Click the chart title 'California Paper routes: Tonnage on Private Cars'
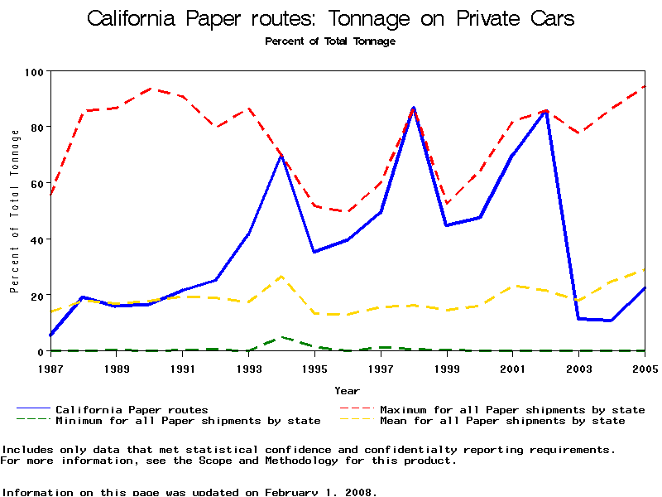tap(330, 19)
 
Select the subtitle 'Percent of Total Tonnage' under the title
tap(330, 41)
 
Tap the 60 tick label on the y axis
tap(34, 183)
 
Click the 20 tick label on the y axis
tap(34, 295)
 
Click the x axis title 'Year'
tap(347, 390)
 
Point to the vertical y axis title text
tap(14, 211)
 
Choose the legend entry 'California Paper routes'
tap(132, 409)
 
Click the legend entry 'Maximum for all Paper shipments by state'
tap(512, 409)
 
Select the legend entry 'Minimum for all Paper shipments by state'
tap(188, 421)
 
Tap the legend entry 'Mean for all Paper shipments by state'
tap(502, 421)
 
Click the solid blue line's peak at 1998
tap(414, 108)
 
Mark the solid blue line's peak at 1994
tap(281, 157)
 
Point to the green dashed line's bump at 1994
tap(281, 337)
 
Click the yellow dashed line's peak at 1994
tap(281, 276)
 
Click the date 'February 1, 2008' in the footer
tap(320, 492)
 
